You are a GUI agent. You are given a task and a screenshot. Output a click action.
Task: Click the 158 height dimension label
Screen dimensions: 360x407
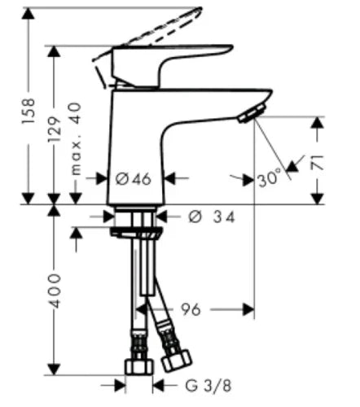coord(29,111)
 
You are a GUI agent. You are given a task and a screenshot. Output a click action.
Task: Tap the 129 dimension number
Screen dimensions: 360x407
coord(54,129)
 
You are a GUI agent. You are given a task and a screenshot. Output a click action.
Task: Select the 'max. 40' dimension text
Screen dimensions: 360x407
coord(76,138)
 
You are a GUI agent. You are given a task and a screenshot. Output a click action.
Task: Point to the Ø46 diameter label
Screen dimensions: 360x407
coord(134,179)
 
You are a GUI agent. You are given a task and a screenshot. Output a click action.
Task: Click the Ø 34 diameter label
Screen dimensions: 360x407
coord(212,217)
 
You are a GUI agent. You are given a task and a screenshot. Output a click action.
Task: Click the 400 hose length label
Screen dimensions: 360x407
coord(54,291)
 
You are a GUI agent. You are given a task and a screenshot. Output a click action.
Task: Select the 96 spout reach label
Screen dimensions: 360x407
coord(191,309)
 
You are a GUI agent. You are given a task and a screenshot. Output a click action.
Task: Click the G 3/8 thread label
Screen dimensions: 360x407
coord(209,386)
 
